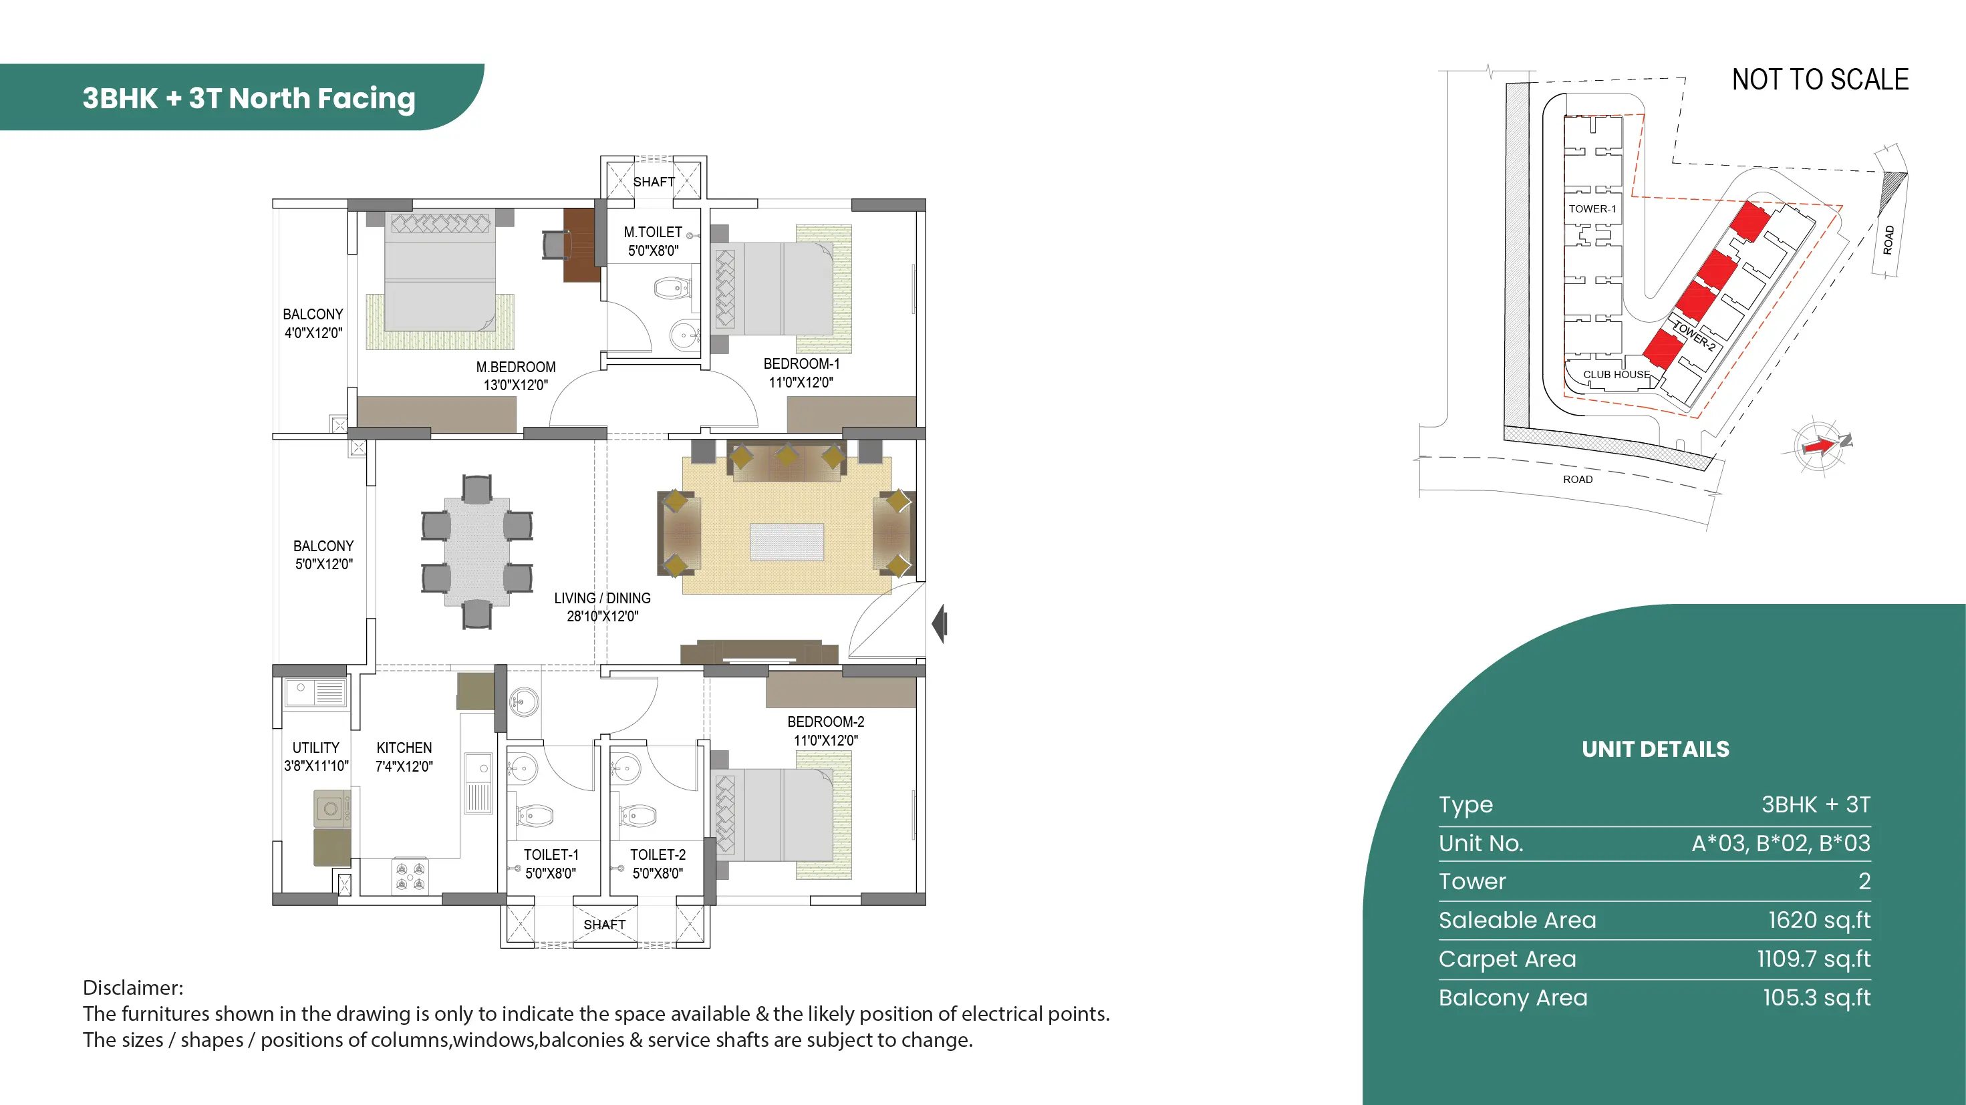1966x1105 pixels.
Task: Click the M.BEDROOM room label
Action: click(x=516, y=367)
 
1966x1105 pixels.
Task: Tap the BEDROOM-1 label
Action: click(x=801, y=364)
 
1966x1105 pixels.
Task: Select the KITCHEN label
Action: click(x=404, y=748)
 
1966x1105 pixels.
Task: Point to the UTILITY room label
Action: click(x=316, y=748)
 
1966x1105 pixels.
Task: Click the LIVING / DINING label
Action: click(x=602, y=599)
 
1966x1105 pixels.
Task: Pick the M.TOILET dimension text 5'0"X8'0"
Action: click(x=654, y=251)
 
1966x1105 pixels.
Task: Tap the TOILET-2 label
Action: click(x=658, y=854)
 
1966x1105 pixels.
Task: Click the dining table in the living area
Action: click(x=477, y=552)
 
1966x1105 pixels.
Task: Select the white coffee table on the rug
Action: click(x=787, y=542)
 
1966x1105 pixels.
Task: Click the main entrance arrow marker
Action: click(x=940, y=623)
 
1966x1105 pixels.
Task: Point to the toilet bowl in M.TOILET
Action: click(x=672, y=289)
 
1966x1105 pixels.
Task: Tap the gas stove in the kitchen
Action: click(x=410, y=875)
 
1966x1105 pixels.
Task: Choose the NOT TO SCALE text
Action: click(x=1820, y=80)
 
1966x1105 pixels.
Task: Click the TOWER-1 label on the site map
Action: click(x=1592, y=208)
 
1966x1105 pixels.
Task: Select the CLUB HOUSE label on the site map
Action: click(x=1617, y=375)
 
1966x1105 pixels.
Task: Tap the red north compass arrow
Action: click(x=1820, y=446)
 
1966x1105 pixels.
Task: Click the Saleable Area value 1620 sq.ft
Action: click(x=1820, y=921)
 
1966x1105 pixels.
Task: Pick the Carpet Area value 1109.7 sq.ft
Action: click(x=1814, y=959)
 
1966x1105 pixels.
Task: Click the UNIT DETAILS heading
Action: click(x=1655, y=750)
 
